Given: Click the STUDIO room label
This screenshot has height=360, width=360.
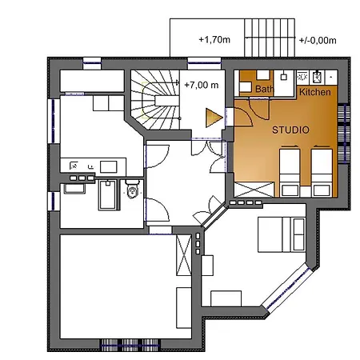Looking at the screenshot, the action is (x=290, y=130).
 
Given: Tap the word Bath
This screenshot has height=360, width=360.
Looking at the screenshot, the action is (x=265, y=89).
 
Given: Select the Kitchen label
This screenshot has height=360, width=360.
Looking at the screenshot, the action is (x=315, y=92).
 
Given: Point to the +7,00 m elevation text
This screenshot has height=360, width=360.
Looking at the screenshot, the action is (x=202, y=85).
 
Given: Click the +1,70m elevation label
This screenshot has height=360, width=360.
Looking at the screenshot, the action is (x=214, y=40).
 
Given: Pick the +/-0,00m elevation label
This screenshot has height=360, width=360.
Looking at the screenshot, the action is (x=318, y=41).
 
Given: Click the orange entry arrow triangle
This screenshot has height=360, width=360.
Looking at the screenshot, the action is (x=214, y=118).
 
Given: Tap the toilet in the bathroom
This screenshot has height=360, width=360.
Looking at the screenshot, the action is (x=133, y=189).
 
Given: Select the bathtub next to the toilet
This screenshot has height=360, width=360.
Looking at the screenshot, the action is (x=108, y=195).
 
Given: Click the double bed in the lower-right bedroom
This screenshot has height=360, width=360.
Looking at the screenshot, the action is (x=282, y=234).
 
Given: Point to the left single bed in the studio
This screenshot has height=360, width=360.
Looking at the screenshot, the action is (x=290, y=172).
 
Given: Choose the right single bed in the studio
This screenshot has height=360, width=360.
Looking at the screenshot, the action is (x=322, y=172).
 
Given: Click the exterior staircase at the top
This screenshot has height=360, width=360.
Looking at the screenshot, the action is (x=270, y=38).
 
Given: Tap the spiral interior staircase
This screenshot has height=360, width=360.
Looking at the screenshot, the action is (x=155, y=100).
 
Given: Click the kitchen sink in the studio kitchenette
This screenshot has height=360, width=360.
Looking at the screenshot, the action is (x=317, y=77).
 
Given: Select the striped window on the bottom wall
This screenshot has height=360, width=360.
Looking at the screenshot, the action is (x=130, y=346).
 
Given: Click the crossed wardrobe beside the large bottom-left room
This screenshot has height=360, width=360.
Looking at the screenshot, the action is (x=184, y=255).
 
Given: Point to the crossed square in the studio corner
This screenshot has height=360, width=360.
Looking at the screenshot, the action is (x=254, y=190).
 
